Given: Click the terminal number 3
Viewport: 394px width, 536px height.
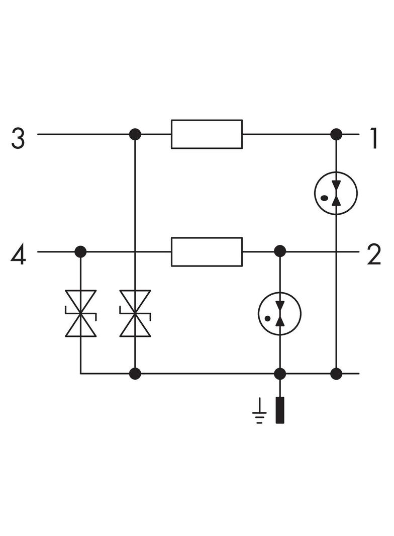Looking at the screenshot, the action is (18, 138).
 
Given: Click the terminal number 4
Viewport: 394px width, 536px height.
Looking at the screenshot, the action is (18, 256).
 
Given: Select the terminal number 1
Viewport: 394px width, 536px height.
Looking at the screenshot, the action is (374, 138).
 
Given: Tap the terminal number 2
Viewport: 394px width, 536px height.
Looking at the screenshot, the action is (374, 255).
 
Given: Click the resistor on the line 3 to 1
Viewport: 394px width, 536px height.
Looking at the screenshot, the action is (207, 134).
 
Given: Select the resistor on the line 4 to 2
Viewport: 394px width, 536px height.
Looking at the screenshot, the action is (207, 252).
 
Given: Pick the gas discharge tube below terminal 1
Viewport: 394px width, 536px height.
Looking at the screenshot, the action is (336, 193).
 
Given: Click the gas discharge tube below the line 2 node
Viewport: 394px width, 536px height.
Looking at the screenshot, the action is (280, 314).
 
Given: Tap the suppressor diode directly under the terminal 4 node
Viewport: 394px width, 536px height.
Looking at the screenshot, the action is (80, 313).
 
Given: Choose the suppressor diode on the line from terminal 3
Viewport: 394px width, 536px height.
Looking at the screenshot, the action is (135, 313).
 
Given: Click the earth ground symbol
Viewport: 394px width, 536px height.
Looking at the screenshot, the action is (260, 411).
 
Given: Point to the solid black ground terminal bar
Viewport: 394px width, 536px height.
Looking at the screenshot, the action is (280, 410).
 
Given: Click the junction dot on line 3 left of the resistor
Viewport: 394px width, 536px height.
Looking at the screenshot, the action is (135, 134).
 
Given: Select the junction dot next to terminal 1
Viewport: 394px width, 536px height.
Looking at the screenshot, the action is (336, 134).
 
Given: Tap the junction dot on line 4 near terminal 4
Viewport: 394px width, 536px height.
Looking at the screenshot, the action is (80, 252).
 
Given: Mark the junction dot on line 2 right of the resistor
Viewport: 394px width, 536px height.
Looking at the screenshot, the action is (280, 252).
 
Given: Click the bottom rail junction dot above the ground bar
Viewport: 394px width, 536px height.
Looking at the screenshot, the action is (280, 374).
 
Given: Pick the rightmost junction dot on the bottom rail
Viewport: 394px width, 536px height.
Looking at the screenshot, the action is (336, 374).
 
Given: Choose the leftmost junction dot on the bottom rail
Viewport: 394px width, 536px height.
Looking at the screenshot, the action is (135, 374).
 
